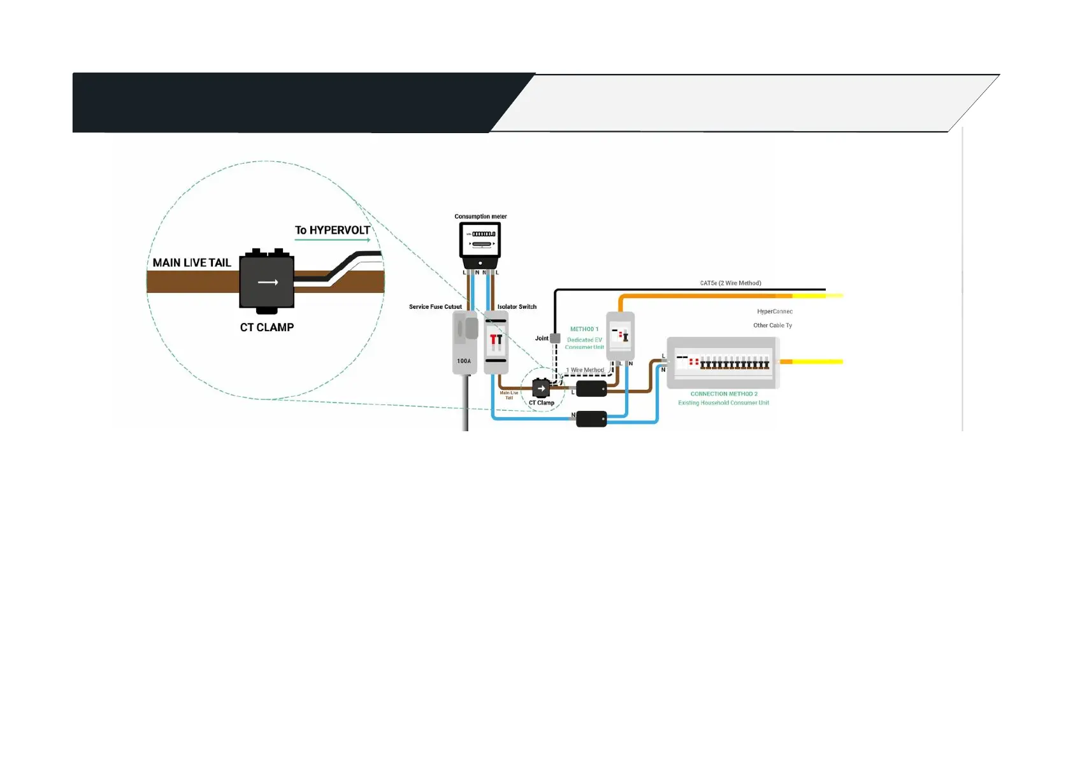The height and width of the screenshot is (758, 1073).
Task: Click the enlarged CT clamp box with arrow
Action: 267,282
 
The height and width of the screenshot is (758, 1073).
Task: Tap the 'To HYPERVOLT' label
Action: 332,230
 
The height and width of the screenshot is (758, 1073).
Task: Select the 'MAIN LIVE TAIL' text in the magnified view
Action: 191,262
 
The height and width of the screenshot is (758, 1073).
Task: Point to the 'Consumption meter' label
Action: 480,217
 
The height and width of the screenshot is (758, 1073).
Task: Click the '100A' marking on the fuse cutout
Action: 464,361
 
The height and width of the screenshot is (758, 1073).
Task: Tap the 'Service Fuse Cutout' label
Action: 435,307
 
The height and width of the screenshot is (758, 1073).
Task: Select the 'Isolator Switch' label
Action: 517,307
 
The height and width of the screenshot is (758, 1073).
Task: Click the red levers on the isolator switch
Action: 496,341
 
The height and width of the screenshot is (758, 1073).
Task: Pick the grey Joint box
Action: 555,338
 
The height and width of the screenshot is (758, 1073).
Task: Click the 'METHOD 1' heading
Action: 584,329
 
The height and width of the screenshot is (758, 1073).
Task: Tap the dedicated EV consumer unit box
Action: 620,336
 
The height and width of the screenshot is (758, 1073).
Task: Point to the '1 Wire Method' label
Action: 585,370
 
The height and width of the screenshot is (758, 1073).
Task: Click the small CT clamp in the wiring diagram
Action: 541,388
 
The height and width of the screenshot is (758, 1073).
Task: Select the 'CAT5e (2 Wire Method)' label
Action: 730,283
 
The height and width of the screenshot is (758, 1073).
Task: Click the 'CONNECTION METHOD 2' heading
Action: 724,394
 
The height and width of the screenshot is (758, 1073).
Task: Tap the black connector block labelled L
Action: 591,389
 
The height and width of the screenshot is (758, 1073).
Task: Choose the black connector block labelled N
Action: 591,419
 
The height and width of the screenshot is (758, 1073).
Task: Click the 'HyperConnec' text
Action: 775,311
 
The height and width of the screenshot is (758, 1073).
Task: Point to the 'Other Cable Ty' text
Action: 772,325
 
